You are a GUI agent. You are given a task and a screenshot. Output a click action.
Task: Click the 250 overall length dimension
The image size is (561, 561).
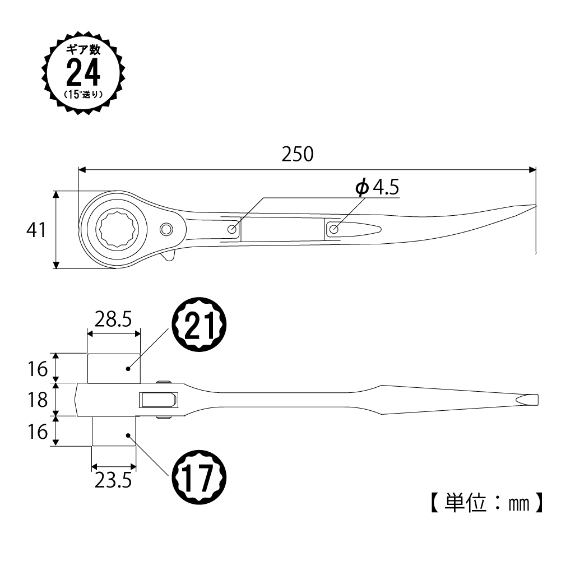[298, 154]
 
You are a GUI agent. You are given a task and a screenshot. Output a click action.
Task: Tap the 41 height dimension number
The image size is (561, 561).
[36, 230]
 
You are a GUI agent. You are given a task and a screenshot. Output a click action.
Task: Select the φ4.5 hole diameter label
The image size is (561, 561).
[377, 187]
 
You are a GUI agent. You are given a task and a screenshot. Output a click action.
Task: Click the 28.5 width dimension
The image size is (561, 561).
[113, 319]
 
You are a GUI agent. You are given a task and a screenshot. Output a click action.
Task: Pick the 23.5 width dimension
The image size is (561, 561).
[113, 480]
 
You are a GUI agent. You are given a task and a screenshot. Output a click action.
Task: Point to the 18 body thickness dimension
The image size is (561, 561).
[38, 400]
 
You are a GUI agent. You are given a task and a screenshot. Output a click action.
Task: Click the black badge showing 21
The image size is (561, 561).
[200, 324]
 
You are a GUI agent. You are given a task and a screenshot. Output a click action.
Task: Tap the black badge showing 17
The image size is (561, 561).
[200, 477]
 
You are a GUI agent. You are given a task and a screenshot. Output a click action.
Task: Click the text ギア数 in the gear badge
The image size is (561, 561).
[84, 49]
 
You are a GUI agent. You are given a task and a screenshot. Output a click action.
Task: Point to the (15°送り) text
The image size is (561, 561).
[84, 95]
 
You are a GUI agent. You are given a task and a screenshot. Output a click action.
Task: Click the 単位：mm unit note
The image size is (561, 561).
[487, 503]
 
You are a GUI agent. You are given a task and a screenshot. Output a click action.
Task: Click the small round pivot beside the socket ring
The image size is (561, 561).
[166, 229]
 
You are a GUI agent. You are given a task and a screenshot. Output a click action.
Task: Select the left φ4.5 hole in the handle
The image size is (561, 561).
[232, 229]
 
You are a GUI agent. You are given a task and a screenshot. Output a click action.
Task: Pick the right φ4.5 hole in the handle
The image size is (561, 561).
[334, 229]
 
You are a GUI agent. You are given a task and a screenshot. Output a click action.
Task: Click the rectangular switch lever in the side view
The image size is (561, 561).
[158, 400]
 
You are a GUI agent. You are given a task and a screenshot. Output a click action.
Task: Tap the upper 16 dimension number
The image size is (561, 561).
[38, 369]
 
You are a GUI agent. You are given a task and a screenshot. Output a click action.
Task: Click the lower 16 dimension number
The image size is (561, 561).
[38, 432]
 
